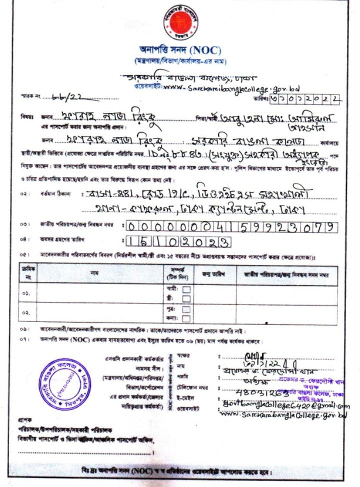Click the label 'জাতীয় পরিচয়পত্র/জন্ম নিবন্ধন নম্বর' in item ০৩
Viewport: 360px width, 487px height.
(77, 226)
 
